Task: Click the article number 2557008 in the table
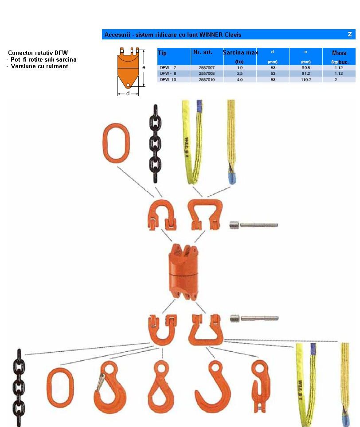pos(207,74)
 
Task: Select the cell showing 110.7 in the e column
pos(306,80)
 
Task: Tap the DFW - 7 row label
pos(168,67)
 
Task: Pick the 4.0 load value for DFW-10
pos(240,80)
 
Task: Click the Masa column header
pos(339,53)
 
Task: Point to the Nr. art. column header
pos(203,52)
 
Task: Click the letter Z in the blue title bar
pos(350,34)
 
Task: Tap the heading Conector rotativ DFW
pos(38,53)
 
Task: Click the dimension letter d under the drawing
pos(128,93)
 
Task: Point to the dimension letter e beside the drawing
pos(144,67)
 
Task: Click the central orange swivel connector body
pos(184,272)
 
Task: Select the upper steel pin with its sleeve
pos(254,225)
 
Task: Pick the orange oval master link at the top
pos(116,143)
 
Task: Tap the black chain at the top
pos(155,144)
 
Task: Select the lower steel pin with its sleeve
pos(254,318)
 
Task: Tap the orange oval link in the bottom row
pos(60,388)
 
